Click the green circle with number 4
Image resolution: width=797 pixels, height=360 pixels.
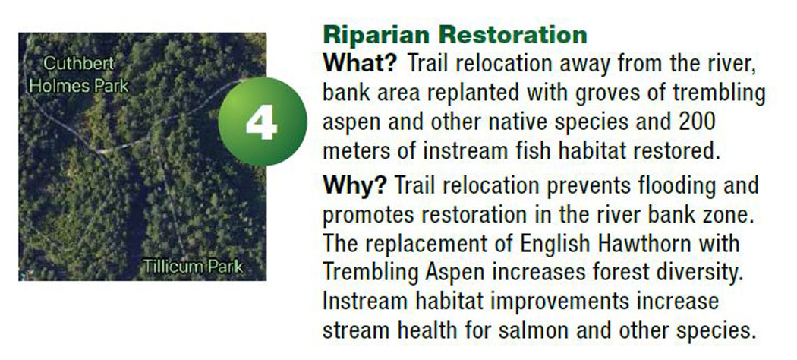coord(263,122)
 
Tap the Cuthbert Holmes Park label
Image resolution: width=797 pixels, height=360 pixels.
coord(79,74)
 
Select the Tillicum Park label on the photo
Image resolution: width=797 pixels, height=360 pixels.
coord(193,267)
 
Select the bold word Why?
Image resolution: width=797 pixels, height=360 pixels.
coord(354,185)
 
